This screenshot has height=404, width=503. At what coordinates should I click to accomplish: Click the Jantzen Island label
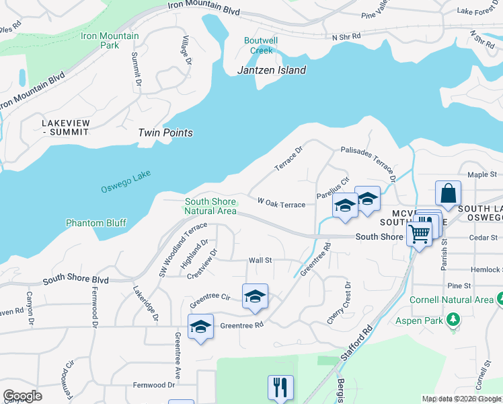pos(272,70)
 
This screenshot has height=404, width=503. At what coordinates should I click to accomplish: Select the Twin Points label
pos(165,133)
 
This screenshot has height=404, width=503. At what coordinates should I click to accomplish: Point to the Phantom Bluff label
pos(96,223)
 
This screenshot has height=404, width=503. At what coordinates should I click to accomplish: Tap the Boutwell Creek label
pos(260,45)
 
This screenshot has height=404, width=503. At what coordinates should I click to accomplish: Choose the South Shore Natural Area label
pos(210,206)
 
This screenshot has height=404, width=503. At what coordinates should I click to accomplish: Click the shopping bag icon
pos(448,194)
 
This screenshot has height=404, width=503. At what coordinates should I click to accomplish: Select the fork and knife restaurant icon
pos(280,387)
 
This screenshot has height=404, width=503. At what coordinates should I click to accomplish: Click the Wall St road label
pos(260,260)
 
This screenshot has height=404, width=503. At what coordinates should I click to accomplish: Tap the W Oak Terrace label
pos(281,203)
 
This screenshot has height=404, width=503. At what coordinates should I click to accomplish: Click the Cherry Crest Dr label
pos(339,304)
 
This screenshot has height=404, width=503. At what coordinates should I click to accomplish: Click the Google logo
pos(22,396)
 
